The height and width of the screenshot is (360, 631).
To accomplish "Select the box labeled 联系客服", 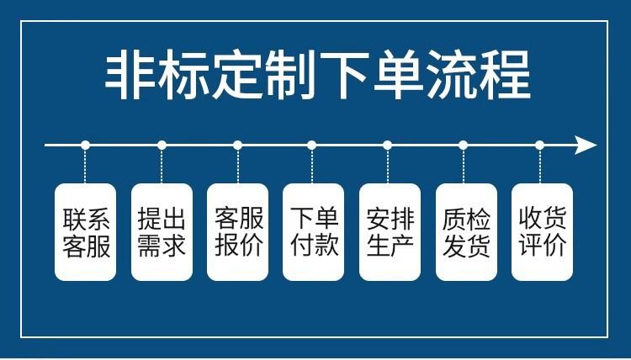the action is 86,231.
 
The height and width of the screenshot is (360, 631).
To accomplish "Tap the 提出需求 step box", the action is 162,231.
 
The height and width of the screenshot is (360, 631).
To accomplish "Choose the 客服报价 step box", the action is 238,231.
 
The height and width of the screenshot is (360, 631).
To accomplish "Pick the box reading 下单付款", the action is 313,231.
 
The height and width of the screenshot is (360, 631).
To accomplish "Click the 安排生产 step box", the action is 390,231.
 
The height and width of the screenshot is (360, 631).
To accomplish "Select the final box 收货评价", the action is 542,231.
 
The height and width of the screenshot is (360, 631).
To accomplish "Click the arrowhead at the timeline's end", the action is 586,146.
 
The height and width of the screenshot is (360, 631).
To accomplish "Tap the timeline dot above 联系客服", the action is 85,146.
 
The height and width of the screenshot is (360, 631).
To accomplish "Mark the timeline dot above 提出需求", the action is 162,146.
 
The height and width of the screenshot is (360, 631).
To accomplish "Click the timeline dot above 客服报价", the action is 237,146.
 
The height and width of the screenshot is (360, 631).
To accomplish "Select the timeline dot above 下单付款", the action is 312,146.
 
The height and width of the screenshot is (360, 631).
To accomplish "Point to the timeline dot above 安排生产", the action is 388,146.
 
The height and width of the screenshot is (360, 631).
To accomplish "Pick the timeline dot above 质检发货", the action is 464,146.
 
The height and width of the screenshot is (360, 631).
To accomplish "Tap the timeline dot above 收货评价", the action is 540,146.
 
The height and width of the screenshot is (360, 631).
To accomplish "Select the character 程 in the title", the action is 504,76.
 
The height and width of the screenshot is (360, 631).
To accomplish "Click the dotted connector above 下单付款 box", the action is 312,166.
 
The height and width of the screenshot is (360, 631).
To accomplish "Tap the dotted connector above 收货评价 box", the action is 540,166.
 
